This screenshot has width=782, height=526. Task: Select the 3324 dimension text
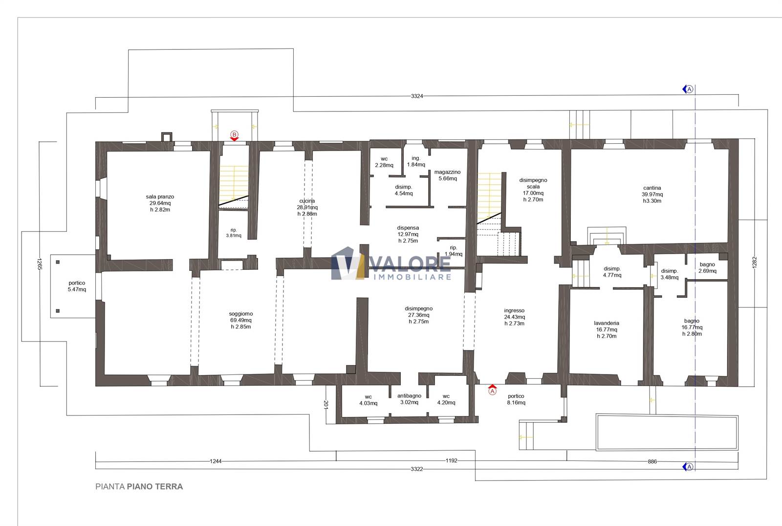pyautogui.click(x=417, y=96)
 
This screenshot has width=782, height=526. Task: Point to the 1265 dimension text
pyautogui.click(x=39, y=264)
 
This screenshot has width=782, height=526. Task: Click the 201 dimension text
pyautogui.click(x=326, y=405)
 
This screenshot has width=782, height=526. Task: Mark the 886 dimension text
pyautogui.click(x=652, y=461)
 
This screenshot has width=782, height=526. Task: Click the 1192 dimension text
pyautogui.click(x=452, y=460)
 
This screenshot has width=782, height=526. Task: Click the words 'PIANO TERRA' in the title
pyautogui.click(x=154, y=486)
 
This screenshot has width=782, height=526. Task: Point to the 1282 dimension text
pyautogui.click(x=755, y=263)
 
